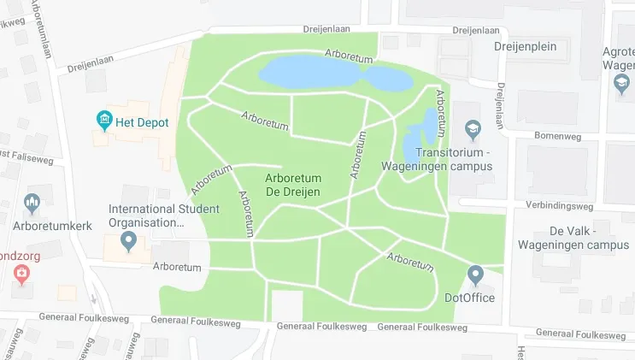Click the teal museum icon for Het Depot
point(105,119)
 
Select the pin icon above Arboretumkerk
point(32,204)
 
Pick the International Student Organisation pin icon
point(129,242)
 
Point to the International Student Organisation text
point(163,215)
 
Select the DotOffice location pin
point(476,275)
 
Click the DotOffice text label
point(470,298)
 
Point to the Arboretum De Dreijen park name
point(293,185)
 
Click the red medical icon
point(21,274)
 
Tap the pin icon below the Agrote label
point(622,83)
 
